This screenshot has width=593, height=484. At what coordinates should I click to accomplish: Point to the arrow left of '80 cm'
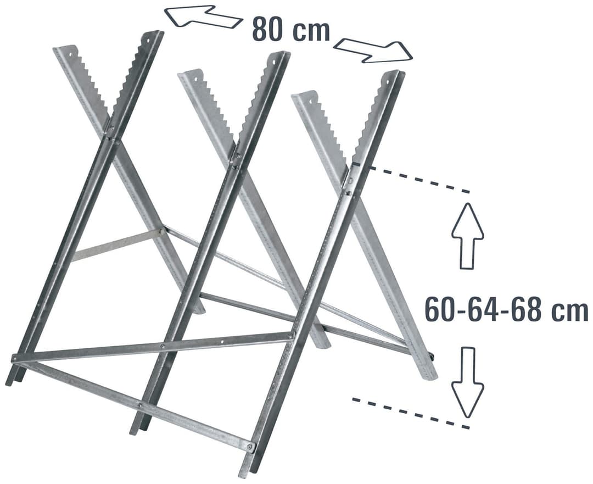[204, 16]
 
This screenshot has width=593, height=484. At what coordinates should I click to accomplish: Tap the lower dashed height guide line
[411, 413]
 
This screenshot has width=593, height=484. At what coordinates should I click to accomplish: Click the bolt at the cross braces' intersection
[162, 346]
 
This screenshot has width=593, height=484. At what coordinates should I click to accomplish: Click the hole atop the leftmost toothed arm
[70, 54]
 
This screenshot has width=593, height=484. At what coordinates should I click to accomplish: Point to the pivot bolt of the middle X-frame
[238, 155]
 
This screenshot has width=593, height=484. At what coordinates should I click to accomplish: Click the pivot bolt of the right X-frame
[350, 181]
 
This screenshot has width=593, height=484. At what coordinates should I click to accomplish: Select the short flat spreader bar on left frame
[118, 245]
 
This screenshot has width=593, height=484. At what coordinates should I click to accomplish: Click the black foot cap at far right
[432, 357]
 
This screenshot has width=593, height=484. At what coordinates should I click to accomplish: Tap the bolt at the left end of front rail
[14, 358]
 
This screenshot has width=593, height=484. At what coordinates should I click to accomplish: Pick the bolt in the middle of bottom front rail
[139, 405]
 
